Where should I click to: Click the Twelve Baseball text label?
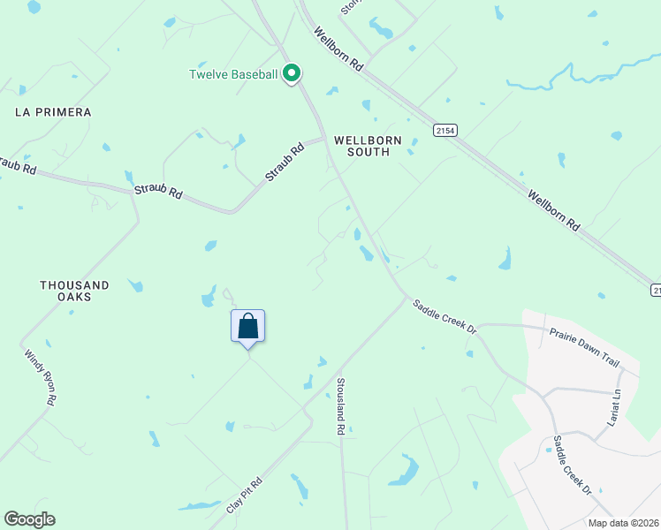click(233, 74)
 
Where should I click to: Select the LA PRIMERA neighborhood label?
click(53, 112)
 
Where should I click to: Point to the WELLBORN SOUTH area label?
click(368, 146)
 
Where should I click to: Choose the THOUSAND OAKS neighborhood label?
click(74, 291)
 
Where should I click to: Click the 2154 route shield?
click(446, 130)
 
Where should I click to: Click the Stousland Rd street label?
click(340, 405)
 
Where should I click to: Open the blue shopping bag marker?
click(248, 327)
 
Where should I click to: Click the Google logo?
click(29, 519)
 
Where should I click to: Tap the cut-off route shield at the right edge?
click(656, 290)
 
